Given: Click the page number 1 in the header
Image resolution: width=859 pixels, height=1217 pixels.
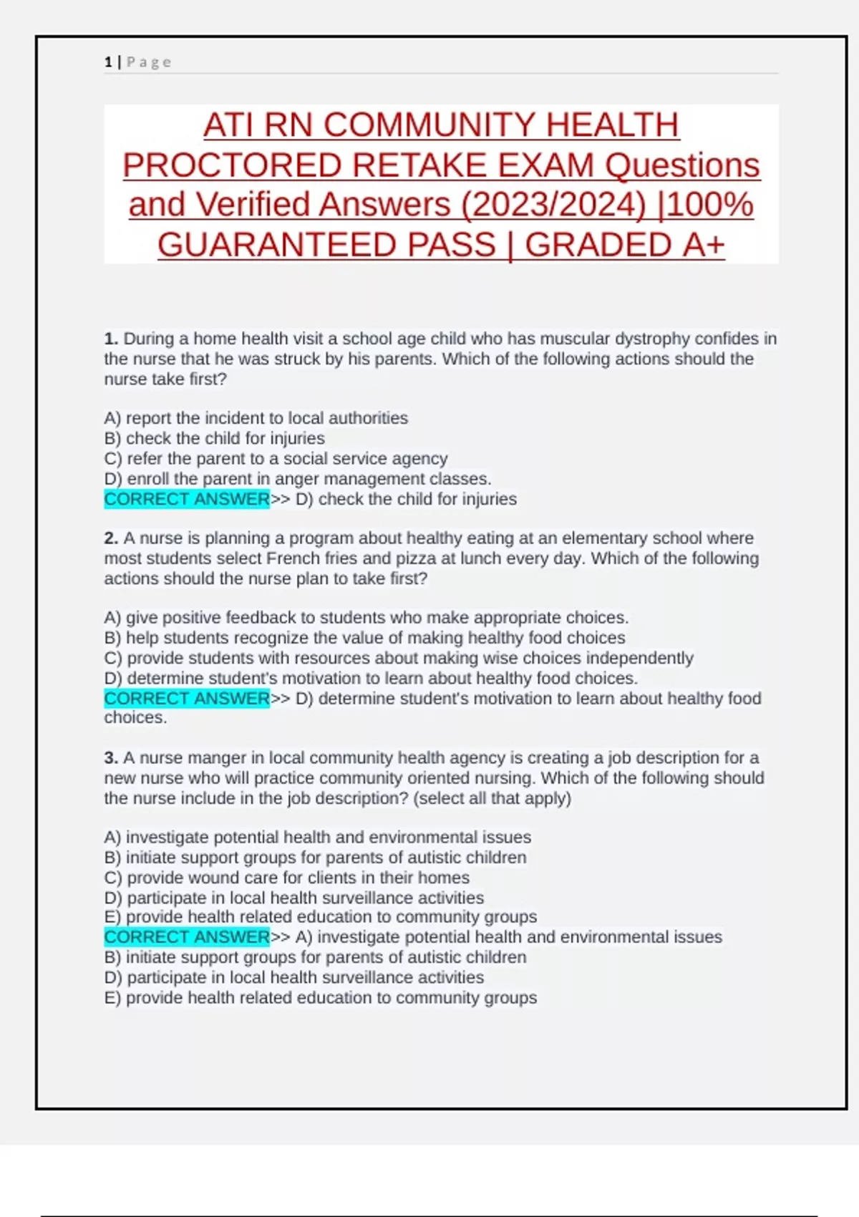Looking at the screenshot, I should [108, 62].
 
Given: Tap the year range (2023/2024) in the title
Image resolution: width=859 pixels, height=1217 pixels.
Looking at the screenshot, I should [553, 205].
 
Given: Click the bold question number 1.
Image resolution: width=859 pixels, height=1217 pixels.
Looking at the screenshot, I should [111, 339].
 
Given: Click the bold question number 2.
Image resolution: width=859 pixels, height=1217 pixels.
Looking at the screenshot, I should [111, 538].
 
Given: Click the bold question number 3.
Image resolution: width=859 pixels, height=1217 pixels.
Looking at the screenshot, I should [111, 758].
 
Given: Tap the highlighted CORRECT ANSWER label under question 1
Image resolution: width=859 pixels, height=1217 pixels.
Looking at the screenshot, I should [187, 499].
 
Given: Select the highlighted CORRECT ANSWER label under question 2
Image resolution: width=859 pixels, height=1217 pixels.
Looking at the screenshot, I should [187, 698].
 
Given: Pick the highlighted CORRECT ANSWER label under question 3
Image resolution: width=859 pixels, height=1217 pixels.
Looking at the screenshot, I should [187, 937].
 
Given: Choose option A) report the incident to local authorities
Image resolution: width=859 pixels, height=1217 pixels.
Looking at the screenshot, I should [256, 418].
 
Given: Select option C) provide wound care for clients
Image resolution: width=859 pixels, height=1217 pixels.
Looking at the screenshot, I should [286, 878].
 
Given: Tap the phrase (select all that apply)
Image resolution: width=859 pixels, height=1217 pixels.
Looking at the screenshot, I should [492, 798].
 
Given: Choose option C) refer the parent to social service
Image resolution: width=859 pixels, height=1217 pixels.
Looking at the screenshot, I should [276, 459].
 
